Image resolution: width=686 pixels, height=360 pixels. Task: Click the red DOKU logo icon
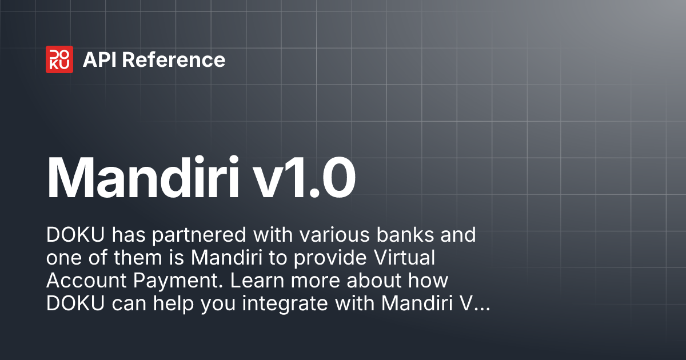click(x=59, y=59)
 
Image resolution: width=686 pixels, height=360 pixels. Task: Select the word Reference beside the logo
click(x=174, y=60)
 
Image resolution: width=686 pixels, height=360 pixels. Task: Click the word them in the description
click(x=137, y=258)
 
